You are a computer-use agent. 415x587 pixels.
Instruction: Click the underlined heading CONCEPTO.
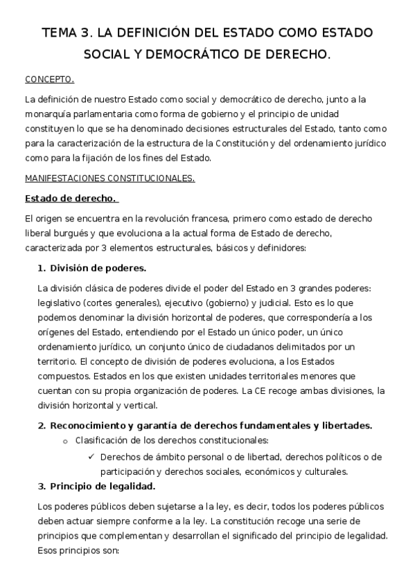(x=49, y=79)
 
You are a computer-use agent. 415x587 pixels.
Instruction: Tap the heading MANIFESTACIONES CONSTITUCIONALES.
(x=110, y=178)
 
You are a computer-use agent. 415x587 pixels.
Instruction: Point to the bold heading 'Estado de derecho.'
(x=71, y=199)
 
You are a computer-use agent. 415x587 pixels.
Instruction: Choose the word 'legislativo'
(x=61, y=303)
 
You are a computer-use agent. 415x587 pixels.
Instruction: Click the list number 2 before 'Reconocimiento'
(x=42, y=424)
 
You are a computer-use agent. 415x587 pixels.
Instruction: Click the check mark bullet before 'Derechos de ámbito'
(x=91, y=456)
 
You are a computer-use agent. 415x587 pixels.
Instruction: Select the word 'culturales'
(x=322, y=471)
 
